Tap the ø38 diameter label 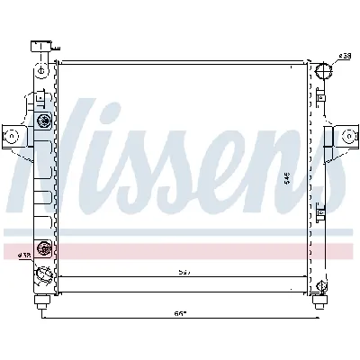click(344, 57)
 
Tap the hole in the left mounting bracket click(13, 136)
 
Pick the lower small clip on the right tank click(321, 212)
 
